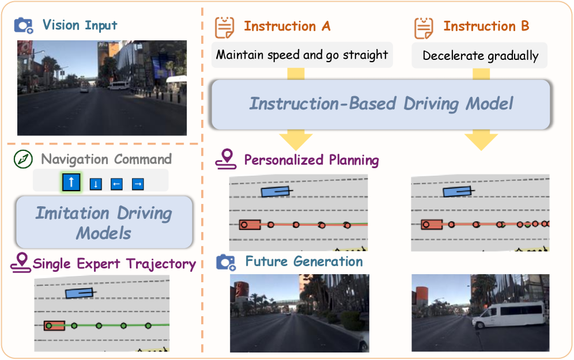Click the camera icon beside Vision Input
click(24, 25)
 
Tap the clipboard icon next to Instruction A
click(225, 26)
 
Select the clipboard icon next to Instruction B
click(424, 26)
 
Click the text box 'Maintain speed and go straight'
click(302, 55)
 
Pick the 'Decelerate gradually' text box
click(480, 56)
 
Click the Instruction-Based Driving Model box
click(380, 104)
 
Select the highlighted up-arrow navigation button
click(71, 183)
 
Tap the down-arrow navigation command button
click(96, 184)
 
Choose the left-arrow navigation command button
click(116, 184)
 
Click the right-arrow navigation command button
click(138, 184)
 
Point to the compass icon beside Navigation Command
click(23, 160)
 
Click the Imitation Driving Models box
click(104, 222)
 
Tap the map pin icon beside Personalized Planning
click(225, 160)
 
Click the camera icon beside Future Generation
click(226, 262)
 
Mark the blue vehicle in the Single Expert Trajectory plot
click(80, 293)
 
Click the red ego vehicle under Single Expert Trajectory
click(54, 325)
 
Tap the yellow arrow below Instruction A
click(296, 138)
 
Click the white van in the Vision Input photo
click(118, 86)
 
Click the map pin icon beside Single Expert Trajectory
click(21, 263)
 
